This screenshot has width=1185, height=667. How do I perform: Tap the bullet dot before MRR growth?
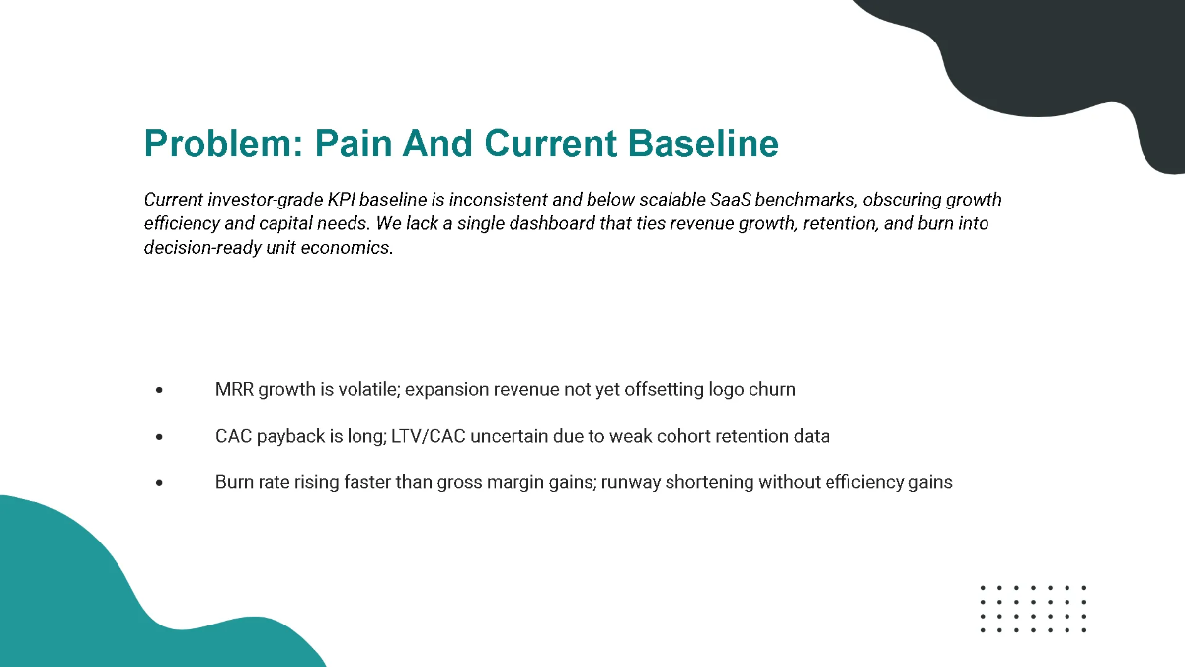159,391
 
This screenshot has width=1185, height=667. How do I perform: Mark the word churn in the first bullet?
773,390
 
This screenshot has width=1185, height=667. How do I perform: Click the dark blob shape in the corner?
1066,59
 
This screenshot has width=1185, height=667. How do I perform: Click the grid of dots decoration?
1033,609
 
